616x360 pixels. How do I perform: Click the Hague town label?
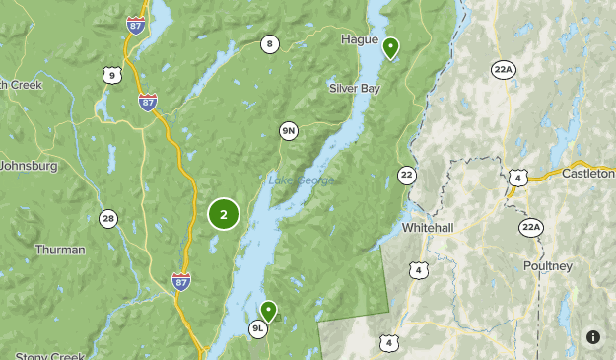point(359,39)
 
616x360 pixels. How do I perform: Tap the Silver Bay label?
point(354,89)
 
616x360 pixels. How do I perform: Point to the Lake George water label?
point(302,180)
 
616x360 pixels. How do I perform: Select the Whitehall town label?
point(428,228)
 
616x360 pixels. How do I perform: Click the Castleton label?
point(587,173)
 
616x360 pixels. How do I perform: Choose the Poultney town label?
point(548,266)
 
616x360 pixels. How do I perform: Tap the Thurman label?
point(60,250)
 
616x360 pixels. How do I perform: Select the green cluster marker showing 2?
point(224,214)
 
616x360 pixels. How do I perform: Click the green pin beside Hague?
point(391,46)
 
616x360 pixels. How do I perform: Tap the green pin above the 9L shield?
point(267,312)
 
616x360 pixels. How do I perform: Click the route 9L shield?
point(258,329)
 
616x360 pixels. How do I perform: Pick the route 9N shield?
point(289,131)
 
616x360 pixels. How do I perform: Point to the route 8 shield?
point(270,43)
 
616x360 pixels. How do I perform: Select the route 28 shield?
point(108,218)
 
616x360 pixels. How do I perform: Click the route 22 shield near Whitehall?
point(407,175)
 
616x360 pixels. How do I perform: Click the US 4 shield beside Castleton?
point(518,179)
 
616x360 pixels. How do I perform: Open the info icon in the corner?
point(593,337)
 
